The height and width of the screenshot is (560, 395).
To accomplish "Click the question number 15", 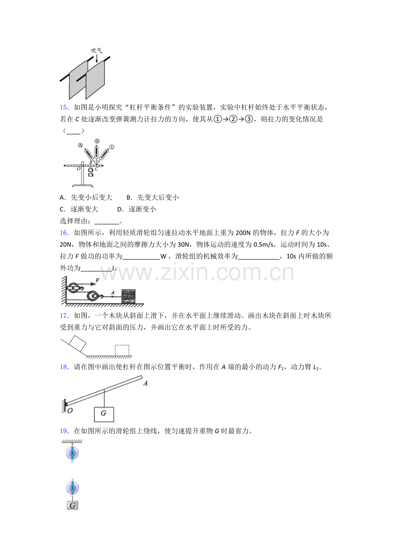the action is coord(64,108).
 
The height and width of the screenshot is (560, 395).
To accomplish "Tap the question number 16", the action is coord(64,233).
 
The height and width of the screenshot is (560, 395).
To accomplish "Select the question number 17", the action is coord(64,316).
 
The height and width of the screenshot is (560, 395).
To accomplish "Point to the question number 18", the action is coord(64,367).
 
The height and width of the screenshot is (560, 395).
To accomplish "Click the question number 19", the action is coord(64,431).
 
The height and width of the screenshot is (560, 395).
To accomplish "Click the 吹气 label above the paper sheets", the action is coord(97,50).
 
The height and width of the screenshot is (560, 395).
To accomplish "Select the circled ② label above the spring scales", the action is coord(97,141).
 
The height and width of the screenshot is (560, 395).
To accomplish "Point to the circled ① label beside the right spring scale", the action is coord(112,147).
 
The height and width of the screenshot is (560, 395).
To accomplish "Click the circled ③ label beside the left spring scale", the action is coord(80,145).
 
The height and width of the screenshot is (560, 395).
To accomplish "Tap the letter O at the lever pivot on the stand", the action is coord(79,169).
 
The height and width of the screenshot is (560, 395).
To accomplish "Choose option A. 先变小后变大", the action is coord(86,197).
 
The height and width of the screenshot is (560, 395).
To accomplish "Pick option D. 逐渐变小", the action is coord(137,209).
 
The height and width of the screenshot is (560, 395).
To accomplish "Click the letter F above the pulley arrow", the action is coord(97,280).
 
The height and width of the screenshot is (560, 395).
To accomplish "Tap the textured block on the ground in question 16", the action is coord(128,296).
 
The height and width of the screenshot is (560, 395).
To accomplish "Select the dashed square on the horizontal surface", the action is coord(122,350).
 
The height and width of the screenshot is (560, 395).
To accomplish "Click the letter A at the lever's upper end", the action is coord(146,383).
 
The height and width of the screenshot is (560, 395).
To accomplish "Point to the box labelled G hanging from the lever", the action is coord(104,414).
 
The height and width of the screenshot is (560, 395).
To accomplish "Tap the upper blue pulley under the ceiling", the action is coord(73,453).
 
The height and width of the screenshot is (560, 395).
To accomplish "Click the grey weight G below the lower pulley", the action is coord(73,505).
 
